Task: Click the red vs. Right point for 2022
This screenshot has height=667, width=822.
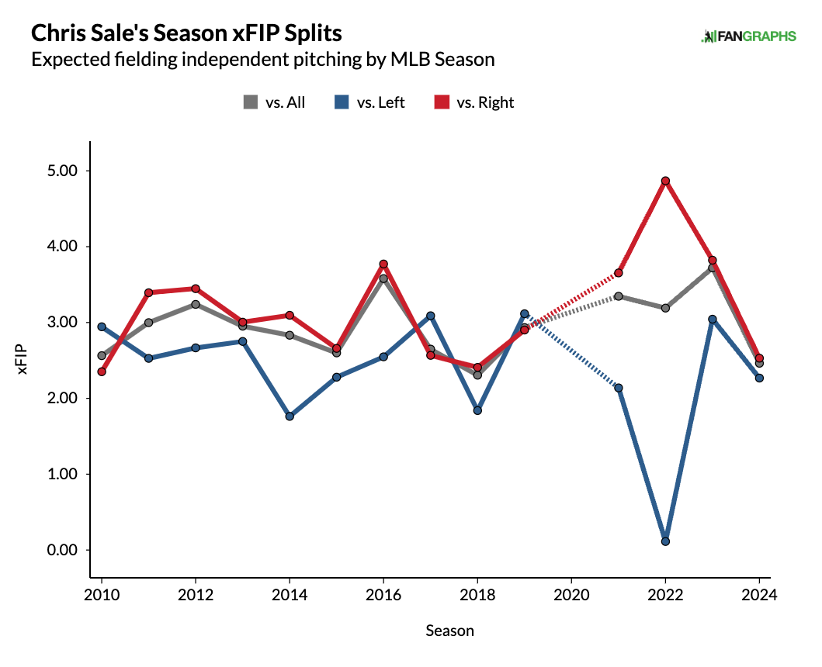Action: click(665, 181)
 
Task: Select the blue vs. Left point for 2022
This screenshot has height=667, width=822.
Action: click(665, 541)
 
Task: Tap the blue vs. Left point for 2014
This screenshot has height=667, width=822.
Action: click(290, 416)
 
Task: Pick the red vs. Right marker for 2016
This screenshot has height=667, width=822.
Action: click(383, 264)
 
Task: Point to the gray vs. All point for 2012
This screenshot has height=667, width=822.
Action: click(196, 304)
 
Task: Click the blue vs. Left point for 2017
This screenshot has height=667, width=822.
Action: click(431, 316)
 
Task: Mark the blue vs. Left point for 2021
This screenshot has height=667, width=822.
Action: click(619, 388)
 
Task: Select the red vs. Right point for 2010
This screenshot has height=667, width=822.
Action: click(102, 372)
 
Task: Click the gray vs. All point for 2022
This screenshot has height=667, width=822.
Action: click(665, 308)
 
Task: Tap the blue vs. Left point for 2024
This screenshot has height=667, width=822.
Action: click(759, 378)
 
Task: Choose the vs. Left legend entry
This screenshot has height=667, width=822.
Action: click(371, 102)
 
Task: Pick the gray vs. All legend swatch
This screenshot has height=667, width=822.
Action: click(251, 102)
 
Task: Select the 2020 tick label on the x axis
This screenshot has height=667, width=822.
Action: click(571, 594)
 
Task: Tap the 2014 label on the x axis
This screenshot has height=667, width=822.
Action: click(290, 594)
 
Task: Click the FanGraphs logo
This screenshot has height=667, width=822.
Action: click(748, 36)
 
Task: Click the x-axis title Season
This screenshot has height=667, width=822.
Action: click(449, 631)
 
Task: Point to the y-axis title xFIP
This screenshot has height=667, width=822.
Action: click(23, 361)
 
